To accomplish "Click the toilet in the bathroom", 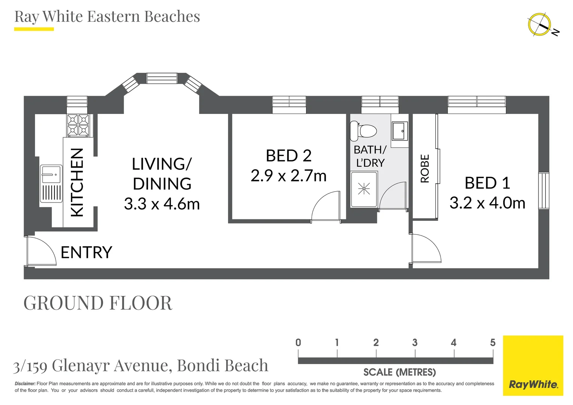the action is (363, 131).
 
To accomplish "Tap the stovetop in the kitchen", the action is (78, 125).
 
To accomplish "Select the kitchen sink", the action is (51, 183).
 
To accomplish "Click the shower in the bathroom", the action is (364, 189).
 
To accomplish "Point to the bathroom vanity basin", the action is (400, 131).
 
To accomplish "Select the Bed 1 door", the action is (426, 248).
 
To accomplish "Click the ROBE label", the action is (425, 168).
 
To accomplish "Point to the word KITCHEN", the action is (77, 183).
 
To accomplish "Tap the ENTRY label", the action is (87, 252).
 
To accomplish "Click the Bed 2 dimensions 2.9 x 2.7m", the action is (288, 176).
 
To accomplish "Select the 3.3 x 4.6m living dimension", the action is (162, 204).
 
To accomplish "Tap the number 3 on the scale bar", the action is (415, 342).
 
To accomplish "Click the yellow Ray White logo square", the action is (533, 366).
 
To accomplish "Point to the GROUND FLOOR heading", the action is (98, 303).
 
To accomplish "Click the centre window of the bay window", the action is (162, 78).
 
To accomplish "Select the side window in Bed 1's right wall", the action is (544, 191).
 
